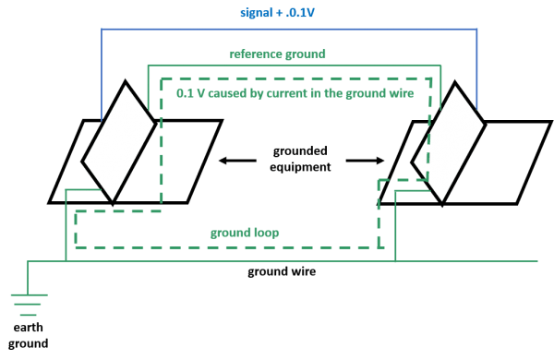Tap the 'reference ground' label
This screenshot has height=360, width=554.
point(278,54)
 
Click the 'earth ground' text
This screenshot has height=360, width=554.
point(29,336)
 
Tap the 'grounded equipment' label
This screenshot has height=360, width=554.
point(301,159)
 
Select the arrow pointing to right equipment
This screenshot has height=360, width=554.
point(367,160)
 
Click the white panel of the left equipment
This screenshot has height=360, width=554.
point(120,139)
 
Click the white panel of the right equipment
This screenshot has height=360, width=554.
point(449,139)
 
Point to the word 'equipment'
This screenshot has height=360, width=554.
point(301,167)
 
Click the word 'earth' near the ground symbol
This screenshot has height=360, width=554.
point(29,328)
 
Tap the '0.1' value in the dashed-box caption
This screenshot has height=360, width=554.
point(183,94)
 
